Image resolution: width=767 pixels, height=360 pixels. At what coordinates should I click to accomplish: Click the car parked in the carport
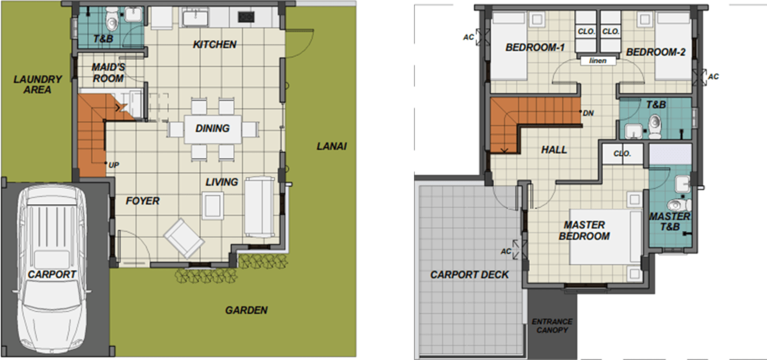[52, 270]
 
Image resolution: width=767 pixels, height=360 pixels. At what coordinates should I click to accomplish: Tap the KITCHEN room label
[215, 45]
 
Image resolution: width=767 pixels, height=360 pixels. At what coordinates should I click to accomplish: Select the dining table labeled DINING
[212, 129]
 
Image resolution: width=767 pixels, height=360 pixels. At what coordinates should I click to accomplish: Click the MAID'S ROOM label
[108, 72]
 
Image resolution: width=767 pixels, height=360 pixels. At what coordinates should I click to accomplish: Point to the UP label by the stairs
[114, 165]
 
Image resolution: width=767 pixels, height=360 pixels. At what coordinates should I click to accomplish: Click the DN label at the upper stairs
[588, 113]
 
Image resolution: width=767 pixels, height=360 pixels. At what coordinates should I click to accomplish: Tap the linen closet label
[598, 61]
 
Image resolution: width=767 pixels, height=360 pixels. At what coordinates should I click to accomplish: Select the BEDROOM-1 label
[535, 47]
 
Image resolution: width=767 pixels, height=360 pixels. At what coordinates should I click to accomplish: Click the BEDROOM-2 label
[656, 52]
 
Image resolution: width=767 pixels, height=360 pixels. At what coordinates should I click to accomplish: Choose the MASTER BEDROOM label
[584, 230]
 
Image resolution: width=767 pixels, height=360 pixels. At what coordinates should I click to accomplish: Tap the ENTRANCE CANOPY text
[552, 326]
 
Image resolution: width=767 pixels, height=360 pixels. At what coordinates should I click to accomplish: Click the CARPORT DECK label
[470, 274]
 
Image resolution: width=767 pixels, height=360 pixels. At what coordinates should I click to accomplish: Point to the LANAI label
[331, 146]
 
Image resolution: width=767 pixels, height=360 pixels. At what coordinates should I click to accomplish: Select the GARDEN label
[246, 310]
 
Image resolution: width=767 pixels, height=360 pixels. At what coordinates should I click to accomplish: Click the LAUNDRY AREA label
[37, 84]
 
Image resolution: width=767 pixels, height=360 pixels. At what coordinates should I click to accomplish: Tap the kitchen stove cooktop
[246, 17]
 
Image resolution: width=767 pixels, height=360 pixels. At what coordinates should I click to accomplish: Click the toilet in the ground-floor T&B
[111, 20]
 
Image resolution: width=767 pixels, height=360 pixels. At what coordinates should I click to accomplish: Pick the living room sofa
[259, 207]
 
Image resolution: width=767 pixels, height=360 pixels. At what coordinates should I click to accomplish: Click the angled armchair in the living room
[184, 238]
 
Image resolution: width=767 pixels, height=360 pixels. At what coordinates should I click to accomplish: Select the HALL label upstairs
[554, 150]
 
